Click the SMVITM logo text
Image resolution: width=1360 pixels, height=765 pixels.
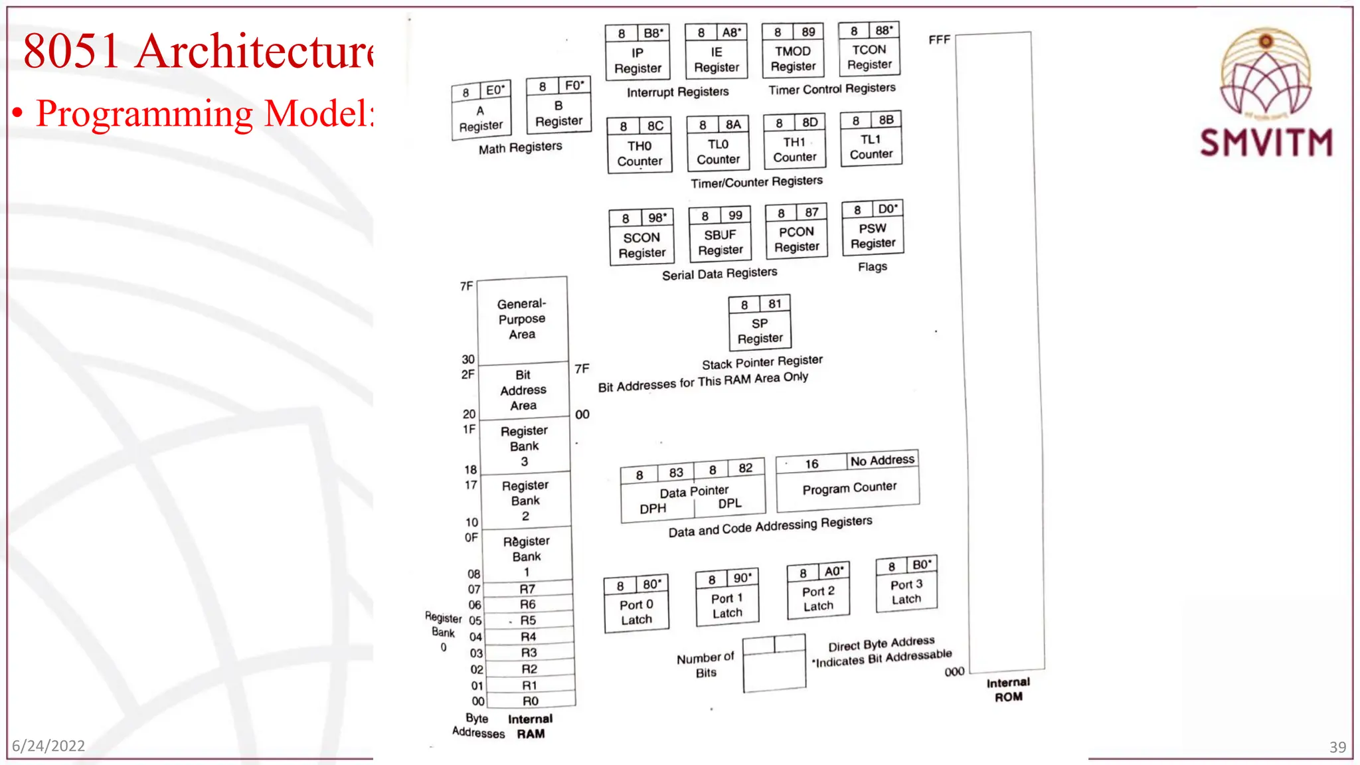click(x=1266, y=142)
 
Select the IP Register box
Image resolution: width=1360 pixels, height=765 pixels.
click(x=637, y=60)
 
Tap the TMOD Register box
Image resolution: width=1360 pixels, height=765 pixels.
click(x=793, y=58)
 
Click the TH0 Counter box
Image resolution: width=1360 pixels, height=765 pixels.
click(x=639, y=153)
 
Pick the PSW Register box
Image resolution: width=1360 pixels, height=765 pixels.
click(x=873, y=236)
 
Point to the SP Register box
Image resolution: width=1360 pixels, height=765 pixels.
click(x=760, y=331)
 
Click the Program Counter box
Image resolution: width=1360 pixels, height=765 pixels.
click(x=849, y=488)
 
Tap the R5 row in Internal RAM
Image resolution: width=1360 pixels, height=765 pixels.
click(x=528, y=620)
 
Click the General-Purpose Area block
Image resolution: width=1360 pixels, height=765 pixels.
click(x=522, y=319)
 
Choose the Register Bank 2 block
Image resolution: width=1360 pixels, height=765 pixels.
click(x=525, y=500)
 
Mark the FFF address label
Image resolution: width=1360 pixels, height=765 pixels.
click(x=939, y=40)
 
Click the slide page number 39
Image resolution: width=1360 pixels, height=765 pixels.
click(x=1337, y=747)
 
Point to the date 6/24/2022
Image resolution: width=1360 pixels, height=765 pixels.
click(x=48, y=746)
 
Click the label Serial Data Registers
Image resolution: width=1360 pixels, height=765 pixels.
click(x=719, y=274)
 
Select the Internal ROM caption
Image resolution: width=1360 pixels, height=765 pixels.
click(x=1008, y=689)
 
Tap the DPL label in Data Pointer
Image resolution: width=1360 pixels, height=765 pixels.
click(x=729, y=503)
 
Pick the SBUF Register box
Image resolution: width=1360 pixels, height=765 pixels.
click(x=720, y=242)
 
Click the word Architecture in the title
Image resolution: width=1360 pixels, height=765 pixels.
click(x=255, y=51)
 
